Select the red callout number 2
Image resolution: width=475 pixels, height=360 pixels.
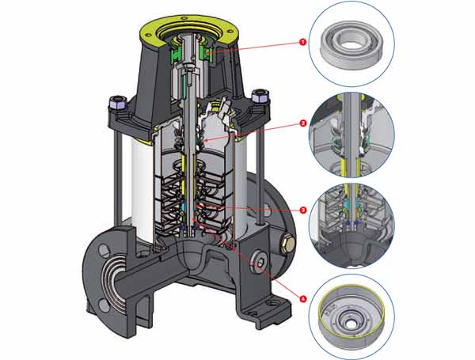pyautogui.click(x=303, y=125)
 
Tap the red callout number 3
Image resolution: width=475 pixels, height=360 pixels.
pyautogui.click(x=303, y=210)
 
